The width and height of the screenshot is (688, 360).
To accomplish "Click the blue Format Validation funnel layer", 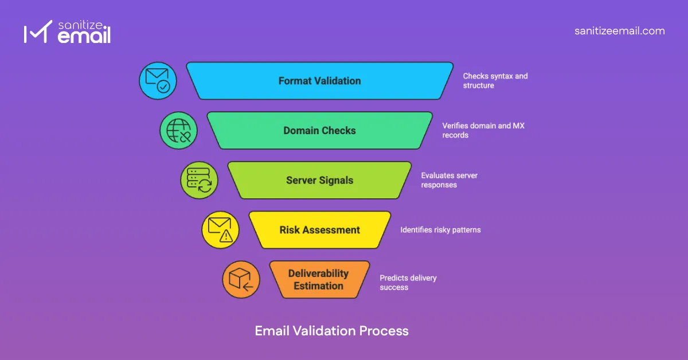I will pos(319,81).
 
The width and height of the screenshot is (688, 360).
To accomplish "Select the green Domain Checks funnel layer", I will pos(319,131).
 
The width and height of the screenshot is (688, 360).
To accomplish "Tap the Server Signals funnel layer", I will pos(319,181).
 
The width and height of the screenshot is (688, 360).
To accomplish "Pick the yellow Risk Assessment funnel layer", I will pos(319,230).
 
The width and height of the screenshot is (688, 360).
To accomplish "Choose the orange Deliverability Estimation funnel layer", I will pos(319,280).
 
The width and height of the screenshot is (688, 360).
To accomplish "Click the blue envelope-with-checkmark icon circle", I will pos(158,81).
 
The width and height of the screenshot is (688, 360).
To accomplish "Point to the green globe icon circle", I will pos(178,131).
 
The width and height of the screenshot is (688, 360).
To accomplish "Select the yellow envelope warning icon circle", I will pos(220,230).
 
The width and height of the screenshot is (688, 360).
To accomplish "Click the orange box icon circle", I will pos(241,280).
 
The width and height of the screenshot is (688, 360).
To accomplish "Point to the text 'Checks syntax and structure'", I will pos(495,81).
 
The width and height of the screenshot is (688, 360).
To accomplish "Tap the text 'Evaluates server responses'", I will pos(449,180).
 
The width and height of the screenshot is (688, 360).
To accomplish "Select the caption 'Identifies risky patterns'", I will pos(440,230).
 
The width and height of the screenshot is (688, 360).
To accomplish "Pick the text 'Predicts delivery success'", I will pos(408,283).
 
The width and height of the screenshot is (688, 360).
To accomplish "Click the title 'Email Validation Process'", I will pos(331,331).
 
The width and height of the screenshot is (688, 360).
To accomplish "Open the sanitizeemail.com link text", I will pos(619,31).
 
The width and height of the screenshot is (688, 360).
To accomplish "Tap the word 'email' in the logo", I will pos(84,37).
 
